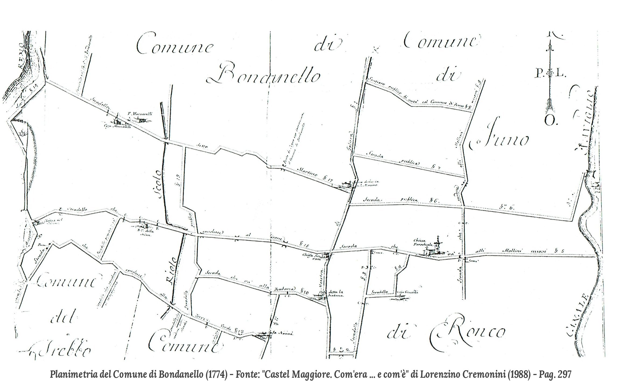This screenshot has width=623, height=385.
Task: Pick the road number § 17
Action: click(326, 178)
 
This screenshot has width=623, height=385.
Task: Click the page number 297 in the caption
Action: click(564, 375)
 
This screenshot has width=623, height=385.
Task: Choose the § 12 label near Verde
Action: click(239, 330)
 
